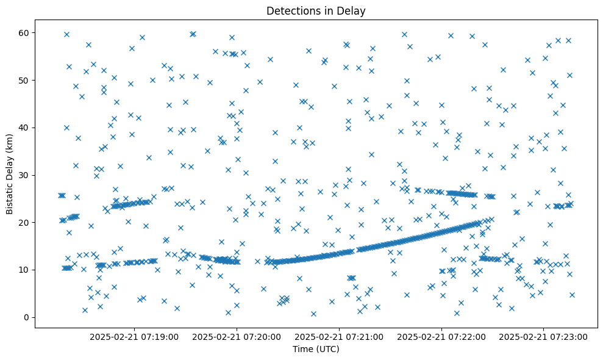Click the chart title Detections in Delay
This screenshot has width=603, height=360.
click(x=316, y=10)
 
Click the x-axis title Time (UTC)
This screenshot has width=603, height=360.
click(x=316, y=350)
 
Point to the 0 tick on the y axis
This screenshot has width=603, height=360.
click(x=27, y=317)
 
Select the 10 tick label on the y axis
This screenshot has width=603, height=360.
click(x=24, y=270)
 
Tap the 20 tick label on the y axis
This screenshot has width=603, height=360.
click(x=24, y=223)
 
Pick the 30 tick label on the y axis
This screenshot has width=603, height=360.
click(x=24, y=175)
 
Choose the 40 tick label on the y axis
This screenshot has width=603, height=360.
click(x=24, y=128)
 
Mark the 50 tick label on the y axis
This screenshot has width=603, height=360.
click(x=24, y=80)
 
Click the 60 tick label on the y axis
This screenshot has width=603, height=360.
click(x=24, y=32)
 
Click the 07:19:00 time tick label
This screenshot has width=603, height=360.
click(x=134, y=336)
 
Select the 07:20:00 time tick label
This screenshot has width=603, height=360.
click(x=237, y=336)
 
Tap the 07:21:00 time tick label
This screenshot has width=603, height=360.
click(x=339, y=336)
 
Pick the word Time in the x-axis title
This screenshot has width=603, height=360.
click(x=303, y=350)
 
